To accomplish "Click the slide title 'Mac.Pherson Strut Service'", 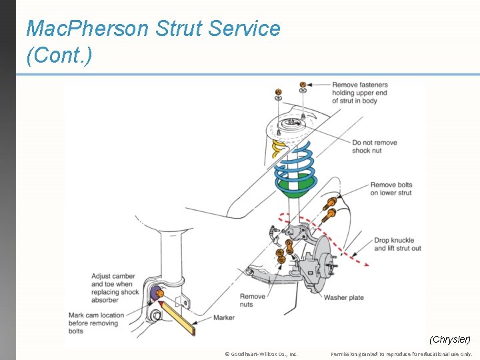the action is tap(153, 29).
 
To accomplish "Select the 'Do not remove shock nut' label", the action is tap(374, 147).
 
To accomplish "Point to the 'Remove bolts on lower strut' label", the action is tap(391, 189).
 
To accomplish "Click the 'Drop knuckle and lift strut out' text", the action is tap(397, 244).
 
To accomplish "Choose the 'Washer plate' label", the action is tap(344, 297).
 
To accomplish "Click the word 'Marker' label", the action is tap(224, 318).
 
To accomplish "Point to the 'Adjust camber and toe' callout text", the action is tap(114, 284).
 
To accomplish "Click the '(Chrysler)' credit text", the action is tap(450, 340).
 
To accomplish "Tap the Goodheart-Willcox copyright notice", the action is tap(261, 354).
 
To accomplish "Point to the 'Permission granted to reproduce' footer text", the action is tap(401, 354).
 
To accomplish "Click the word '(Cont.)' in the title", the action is tap(59, 55).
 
